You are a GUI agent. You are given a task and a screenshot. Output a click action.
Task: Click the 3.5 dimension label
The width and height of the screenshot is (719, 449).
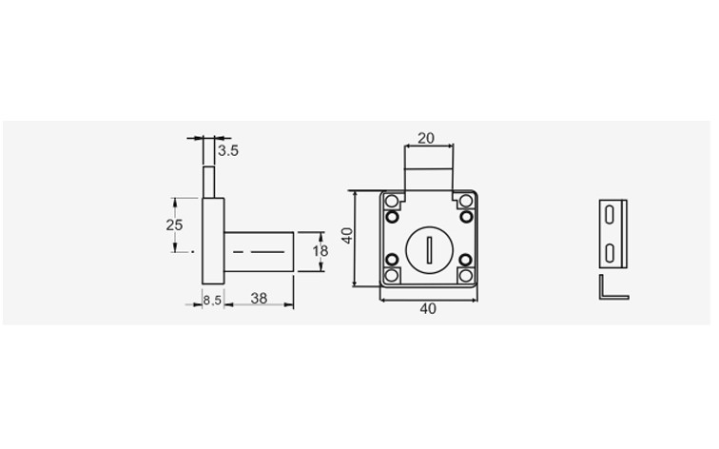(228, 150)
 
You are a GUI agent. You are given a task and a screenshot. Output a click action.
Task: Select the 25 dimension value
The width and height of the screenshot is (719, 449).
(174, 225)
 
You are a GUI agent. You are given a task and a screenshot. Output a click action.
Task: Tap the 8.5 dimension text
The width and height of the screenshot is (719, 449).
(212, 301)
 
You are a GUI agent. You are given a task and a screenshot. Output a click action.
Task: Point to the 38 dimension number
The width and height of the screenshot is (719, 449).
(259, 299)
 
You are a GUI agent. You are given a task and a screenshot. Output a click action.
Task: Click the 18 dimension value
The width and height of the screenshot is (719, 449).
(321, 251)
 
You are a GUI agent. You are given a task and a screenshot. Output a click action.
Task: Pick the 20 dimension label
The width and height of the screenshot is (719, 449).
(425, 138)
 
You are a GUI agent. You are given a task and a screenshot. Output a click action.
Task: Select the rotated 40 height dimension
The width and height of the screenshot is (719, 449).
(347, 236)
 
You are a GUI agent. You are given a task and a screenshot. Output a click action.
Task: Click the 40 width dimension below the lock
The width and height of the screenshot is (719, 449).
(428, 308)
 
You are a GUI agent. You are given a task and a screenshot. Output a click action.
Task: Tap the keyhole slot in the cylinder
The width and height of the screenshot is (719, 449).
(429, 250)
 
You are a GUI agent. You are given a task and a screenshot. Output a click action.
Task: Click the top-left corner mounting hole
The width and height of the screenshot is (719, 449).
(391, 201)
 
